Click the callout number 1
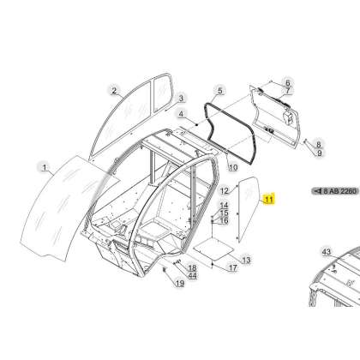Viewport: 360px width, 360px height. pos(45,167)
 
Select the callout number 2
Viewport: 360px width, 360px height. pos(114,91)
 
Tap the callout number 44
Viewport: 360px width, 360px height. pos(192,276)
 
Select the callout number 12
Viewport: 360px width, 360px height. pos(225,190)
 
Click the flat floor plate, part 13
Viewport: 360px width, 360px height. pos(213,249)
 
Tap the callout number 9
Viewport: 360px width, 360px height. pos(320,153)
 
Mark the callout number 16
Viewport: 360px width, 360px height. pos(224,220)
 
